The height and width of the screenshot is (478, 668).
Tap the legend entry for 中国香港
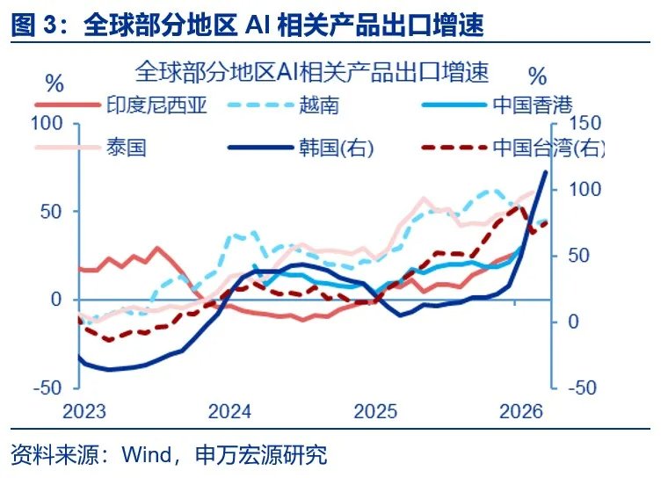(x=527, y=106)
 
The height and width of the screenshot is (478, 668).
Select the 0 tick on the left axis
(x=57, y=300)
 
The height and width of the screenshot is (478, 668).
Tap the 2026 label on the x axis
(x=519, y=411)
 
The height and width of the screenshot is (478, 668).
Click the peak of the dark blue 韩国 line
(x=544, y=171)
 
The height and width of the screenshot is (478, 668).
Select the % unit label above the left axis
(x=54, y=84)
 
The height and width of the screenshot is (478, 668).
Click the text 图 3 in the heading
(x=34, y=25)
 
